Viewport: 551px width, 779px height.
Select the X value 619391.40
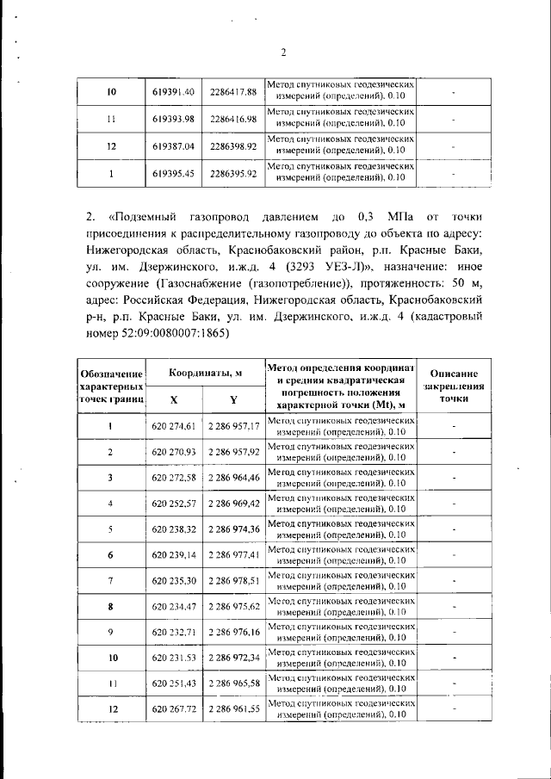(x=174, y=92)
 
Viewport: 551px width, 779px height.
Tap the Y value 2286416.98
(x=233, y=119)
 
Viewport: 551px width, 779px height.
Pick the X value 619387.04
(x=174, y=146)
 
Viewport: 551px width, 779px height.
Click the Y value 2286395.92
(x=233, y=173)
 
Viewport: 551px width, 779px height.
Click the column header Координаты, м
(x=204, y=371)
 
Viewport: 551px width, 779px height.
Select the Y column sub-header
(x=233, y=399)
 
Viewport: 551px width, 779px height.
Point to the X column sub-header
(x=174, y=399)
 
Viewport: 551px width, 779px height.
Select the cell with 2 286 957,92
(x=233, y=452)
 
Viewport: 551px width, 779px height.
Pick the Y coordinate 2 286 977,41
(x=233, y=555)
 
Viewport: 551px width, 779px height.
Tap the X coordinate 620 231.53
(x=174, y=658)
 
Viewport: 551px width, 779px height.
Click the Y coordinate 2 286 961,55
(x=233, y=709)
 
